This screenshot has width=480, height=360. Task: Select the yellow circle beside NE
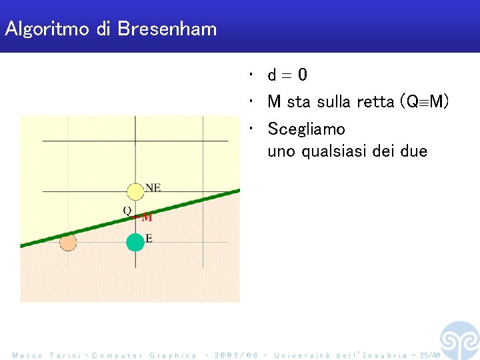(135, 192)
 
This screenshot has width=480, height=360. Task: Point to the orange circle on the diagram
(67, 243)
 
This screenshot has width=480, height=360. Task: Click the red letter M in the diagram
(147, 217)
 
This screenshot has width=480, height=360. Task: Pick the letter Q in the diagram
(127, 211)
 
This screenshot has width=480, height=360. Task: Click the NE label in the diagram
(153, 188)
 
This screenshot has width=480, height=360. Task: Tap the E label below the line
(148, 239)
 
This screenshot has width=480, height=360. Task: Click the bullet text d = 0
(287, 75)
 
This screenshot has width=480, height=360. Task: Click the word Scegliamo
(306, 129)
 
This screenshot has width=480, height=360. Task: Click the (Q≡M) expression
(423, 102)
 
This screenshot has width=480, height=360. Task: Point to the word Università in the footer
(301, 355)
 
